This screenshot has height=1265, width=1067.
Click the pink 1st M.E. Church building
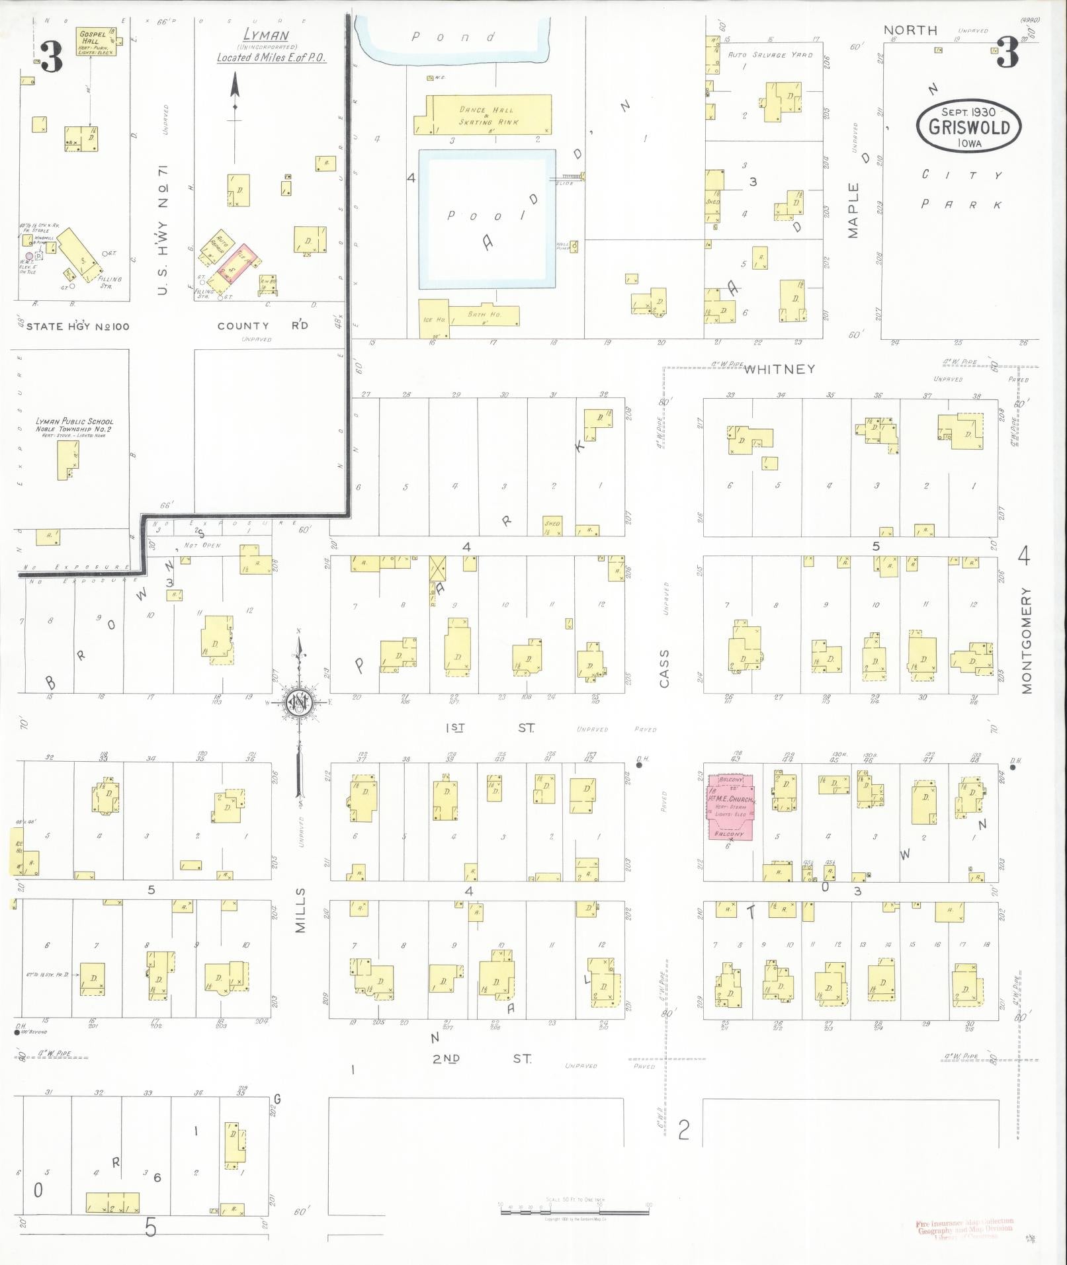click(x=731, y=807)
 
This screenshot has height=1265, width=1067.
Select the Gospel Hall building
click(x=97, y=42)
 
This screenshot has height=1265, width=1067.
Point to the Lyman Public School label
click(x=74, y=425)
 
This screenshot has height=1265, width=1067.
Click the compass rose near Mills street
click(x=299, y=703)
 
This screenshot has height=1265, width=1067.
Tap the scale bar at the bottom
click(x=574, y=1211)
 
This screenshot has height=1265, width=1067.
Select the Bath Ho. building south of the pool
click(x=484, y=315)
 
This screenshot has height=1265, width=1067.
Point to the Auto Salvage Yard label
click(x=770, y=55)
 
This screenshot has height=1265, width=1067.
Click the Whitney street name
click(x=779, y=370)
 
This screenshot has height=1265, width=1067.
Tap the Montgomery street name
click(x=1026, y=639)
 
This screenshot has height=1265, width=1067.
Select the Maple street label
click(x=853, y=210)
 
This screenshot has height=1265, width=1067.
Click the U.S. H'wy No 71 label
click(x=163, y=229)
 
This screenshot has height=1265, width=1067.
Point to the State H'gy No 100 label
click(x=77, y=326)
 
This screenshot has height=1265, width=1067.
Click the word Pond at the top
click(x=453, y=37)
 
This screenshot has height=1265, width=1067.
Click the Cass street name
click(x=664, y=668)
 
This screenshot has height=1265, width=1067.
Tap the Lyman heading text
click(x=266, y=35)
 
